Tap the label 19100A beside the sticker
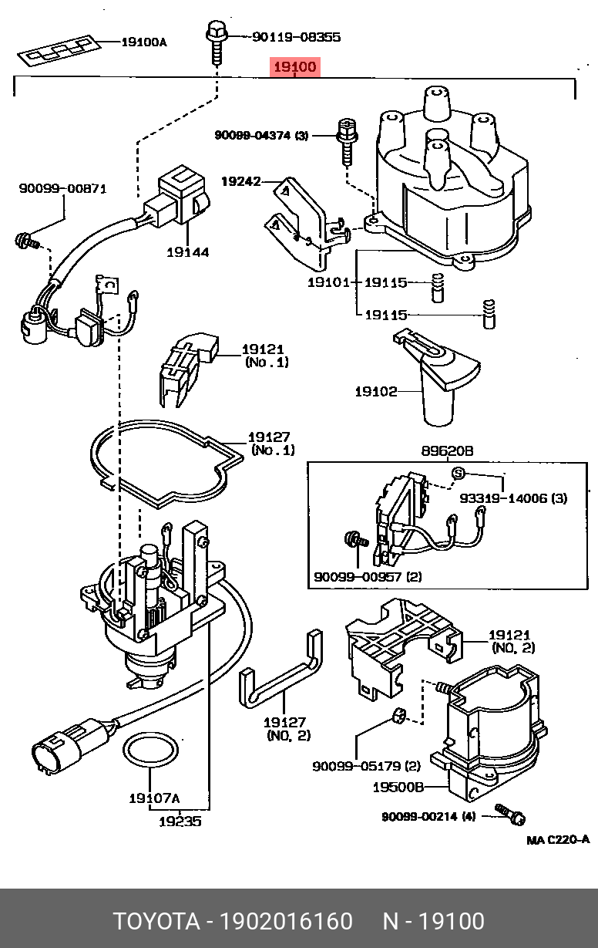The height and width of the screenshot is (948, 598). (143, 42)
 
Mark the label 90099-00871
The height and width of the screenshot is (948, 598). (62, 188)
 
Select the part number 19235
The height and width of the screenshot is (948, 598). (180, 821)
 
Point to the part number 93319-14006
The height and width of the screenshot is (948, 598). (504, 499)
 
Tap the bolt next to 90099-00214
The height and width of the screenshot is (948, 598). (509, 811)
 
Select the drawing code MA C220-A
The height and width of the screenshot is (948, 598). (558, 840)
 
